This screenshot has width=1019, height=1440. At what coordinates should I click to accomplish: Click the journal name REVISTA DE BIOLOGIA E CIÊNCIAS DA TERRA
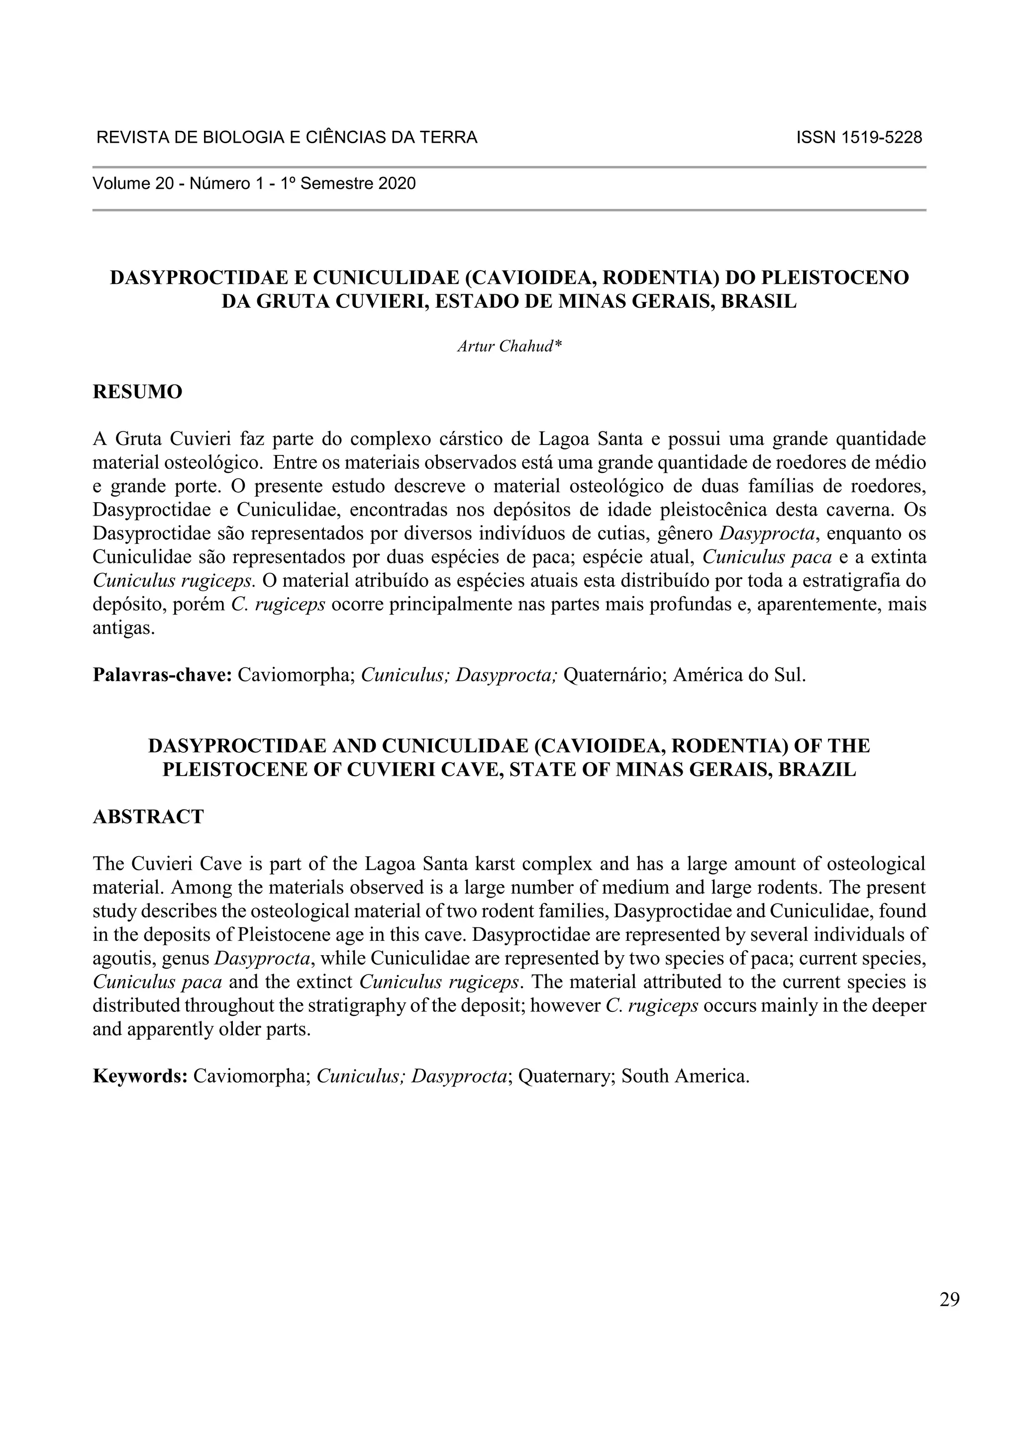(x=287, y=137)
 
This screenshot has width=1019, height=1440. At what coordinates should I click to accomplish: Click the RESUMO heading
(x=137, y=392)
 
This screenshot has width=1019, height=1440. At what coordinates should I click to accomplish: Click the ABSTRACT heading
(x=148, y=816)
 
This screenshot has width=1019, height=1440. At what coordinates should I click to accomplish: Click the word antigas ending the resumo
(x=123, y=628)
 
